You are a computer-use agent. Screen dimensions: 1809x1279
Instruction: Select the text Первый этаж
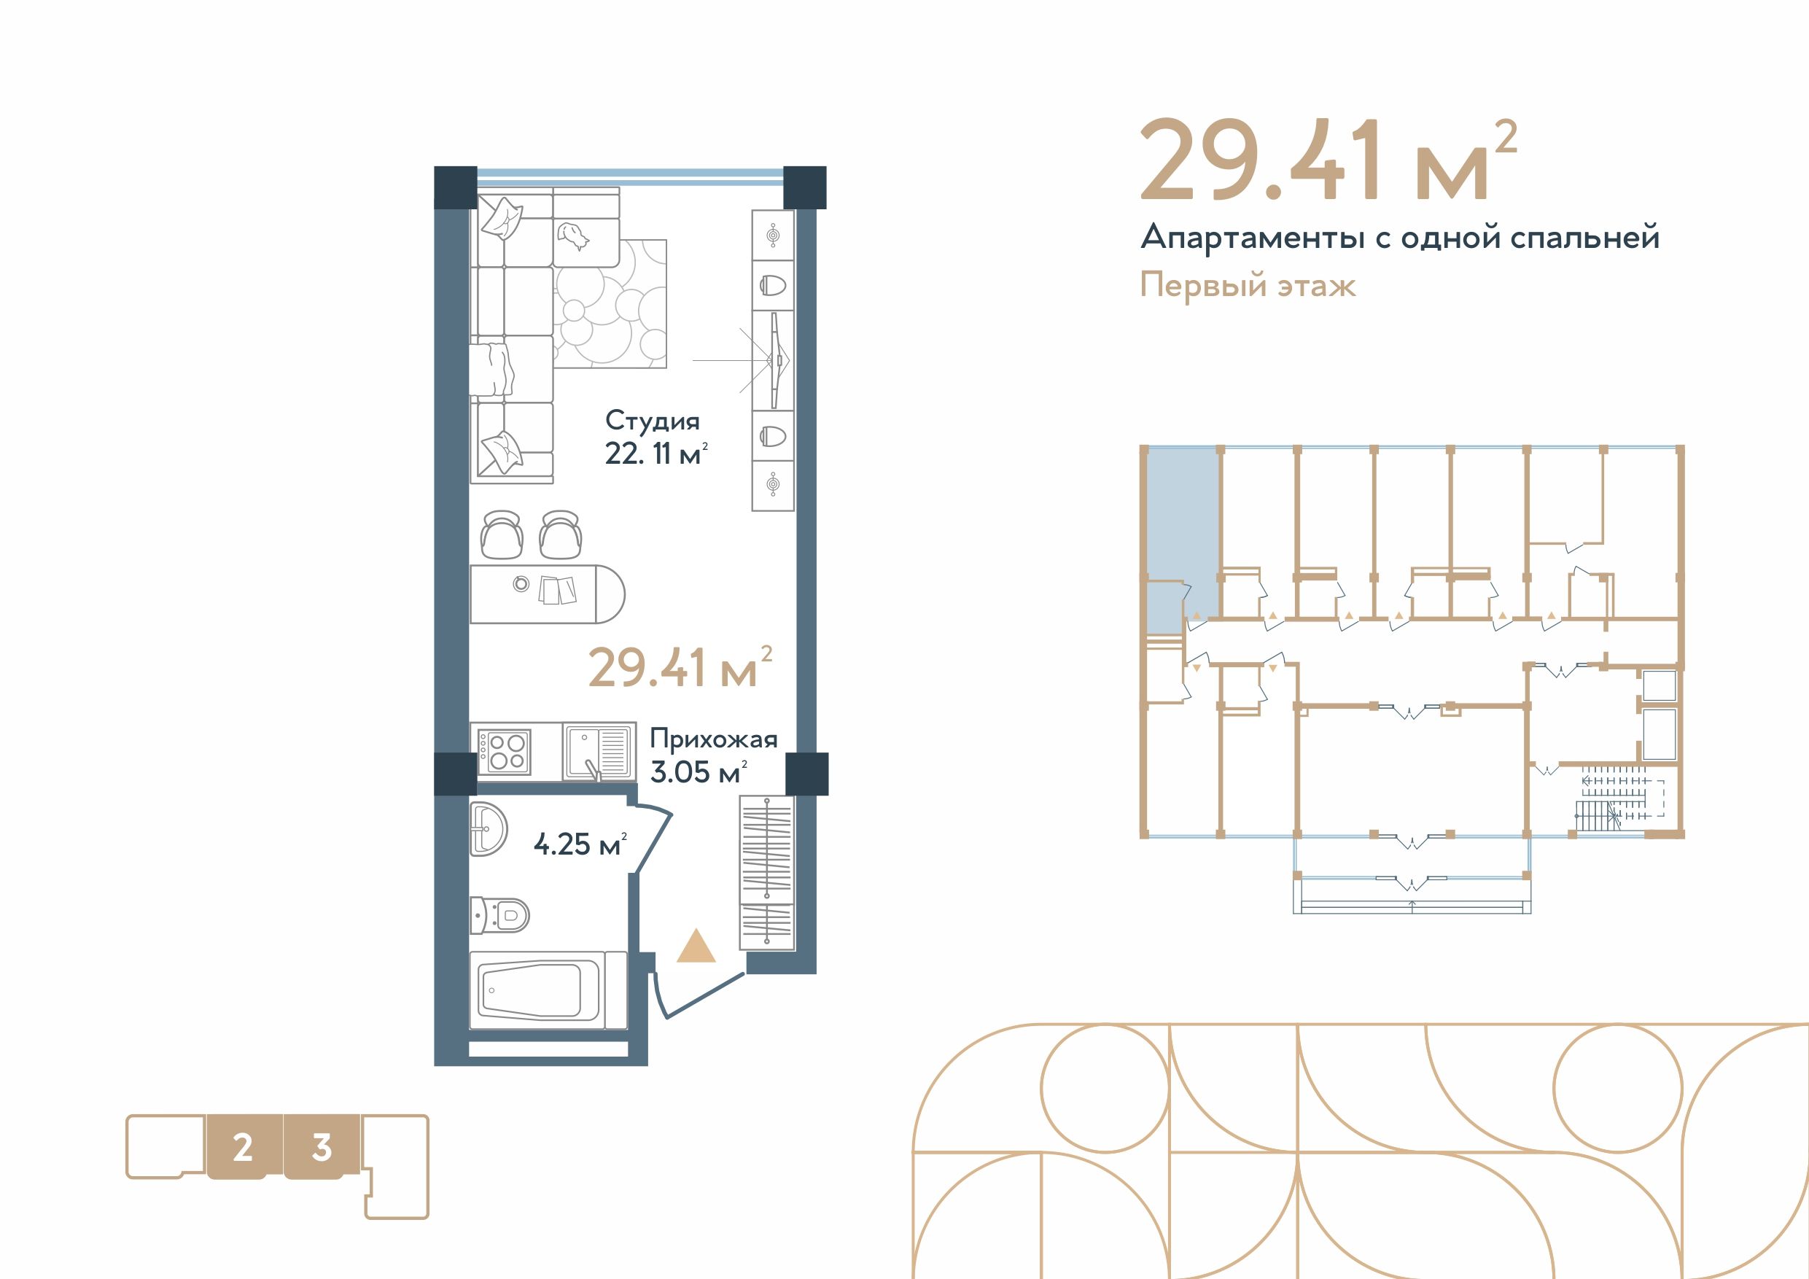tap(1248, 285)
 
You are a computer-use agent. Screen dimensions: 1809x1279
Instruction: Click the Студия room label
tap(653, 421)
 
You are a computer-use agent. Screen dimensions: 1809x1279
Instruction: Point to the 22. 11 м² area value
tap(656, 454)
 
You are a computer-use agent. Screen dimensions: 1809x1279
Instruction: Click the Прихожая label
tap(713, 739)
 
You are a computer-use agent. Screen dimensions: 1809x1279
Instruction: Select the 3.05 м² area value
tap(698, 771)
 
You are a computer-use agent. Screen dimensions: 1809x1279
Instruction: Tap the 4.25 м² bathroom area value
tap(580, 844)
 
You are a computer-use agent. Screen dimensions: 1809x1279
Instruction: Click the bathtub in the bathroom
tap(548, 990)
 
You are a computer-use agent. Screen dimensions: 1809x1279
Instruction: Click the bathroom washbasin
tap(489, 828)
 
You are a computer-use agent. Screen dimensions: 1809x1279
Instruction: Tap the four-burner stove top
tap(505, 752)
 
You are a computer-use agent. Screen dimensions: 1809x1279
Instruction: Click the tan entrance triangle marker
tap(696, 946)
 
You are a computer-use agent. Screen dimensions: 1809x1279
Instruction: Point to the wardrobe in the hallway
tap(766, 873)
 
